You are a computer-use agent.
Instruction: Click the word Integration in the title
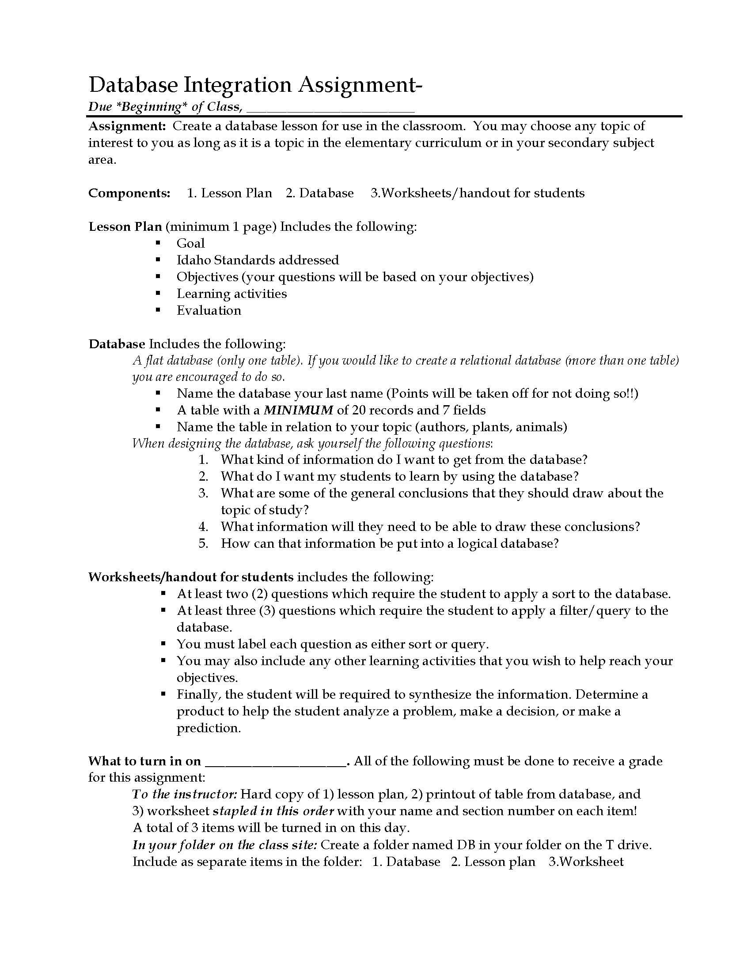pos(238,84)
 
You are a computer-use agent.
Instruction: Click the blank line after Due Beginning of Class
pos(330,108)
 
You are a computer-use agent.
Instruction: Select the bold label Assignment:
pos(127,126)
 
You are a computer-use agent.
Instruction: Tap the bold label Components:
pos(129,193)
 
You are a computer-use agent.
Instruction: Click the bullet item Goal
pos(190,243)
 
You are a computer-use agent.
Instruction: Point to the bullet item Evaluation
pos(209,310)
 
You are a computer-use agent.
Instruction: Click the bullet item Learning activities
pos(231,294)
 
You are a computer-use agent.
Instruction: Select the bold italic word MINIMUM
pos(298,410)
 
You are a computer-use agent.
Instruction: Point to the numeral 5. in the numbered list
pos(203,543)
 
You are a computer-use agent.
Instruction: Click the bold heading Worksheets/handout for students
pos(191,577)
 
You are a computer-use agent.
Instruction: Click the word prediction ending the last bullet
pos(208,728)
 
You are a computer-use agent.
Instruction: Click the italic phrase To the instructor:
pos(185,794)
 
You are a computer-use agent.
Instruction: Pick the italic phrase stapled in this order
pos(273,811)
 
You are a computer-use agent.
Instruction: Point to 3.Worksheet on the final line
pos(586,862)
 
